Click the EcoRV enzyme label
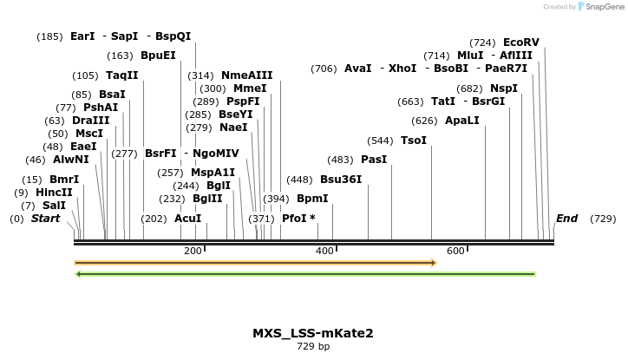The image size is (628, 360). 520,42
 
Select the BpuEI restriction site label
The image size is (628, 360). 158,56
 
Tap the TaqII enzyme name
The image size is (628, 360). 122,75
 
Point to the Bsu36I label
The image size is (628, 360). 341,180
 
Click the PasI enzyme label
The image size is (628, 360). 374,160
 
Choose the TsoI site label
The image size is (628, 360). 414,140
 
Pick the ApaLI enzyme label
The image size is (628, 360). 461,121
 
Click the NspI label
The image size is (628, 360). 504,88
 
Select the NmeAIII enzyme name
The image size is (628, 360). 246,75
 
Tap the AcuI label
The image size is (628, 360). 188,219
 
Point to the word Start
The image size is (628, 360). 46,219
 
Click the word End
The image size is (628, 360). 566,219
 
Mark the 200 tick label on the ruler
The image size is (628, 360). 192,251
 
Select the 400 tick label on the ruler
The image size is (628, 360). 324,251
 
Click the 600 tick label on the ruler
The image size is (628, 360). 455,251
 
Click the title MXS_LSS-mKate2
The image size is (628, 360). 313,333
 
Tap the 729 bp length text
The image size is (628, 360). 313,346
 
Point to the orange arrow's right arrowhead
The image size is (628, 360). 433,262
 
